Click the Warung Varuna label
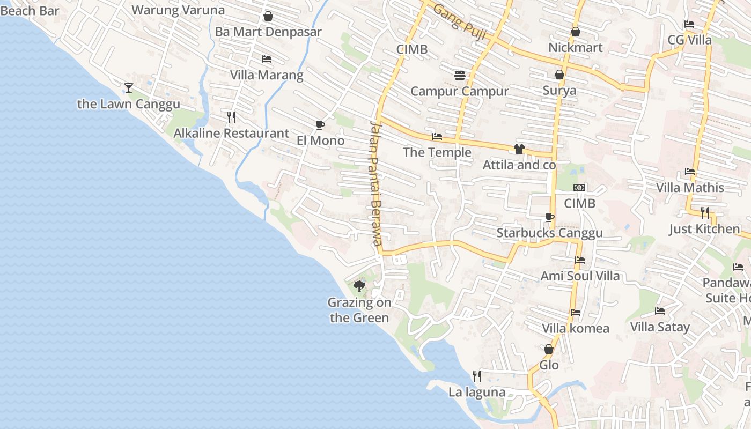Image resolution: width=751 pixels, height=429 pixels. click(x=178, y=10)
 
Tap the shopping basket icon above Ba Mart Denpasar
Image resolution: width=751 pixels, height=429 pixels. click(x=268, y=16)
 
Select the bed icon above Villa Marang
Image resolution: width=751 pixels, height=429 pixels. click(x=267, y=59)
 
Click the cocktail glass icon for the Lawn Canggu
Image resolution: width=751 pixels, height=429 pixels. click(x=129, y=87)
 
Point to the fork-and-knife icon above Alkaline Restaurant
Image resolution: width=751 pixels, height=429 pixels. click(x=231, y=117)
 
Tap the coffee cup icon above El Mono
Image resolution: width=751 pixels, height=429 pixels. click(x=320, y=125)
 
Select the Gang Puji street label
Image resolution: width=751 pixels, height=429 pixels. click(x=459, y=22)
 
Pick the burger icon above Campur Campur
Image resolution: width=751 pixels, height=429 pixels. click(x=459, y=75)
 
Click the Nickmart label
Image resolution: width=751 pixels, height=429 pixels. click(x=576, y=48)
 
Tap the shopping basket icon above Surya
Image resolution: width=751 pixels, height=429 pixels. click(x=559, y=75)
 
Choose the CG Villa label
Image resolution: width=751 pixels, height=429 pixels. click(x=690, y=40)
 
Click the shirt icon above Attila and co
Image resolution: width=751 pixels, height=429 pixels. click(x=519, y=149)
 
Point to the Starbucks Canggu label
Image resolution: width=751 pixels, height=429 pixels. click(x=550, y=233)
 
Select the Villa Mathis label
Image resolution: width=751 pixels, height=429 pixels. click(x=690, y=188)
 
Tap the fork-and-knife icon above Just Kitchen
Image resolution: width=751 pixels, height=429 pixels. click(x=705, y=213)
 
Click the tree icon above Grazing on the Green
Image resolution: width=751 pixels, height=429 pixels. click(x=359, y=286)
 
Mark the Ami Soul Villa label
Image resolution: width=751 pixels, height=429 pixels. click(x=580, y=276)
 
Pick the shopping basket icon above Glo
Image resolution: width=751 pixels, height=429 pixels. click(x=549, y=349)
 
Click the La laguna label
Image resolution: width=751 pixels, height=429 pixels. click(x=477, y=392)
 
